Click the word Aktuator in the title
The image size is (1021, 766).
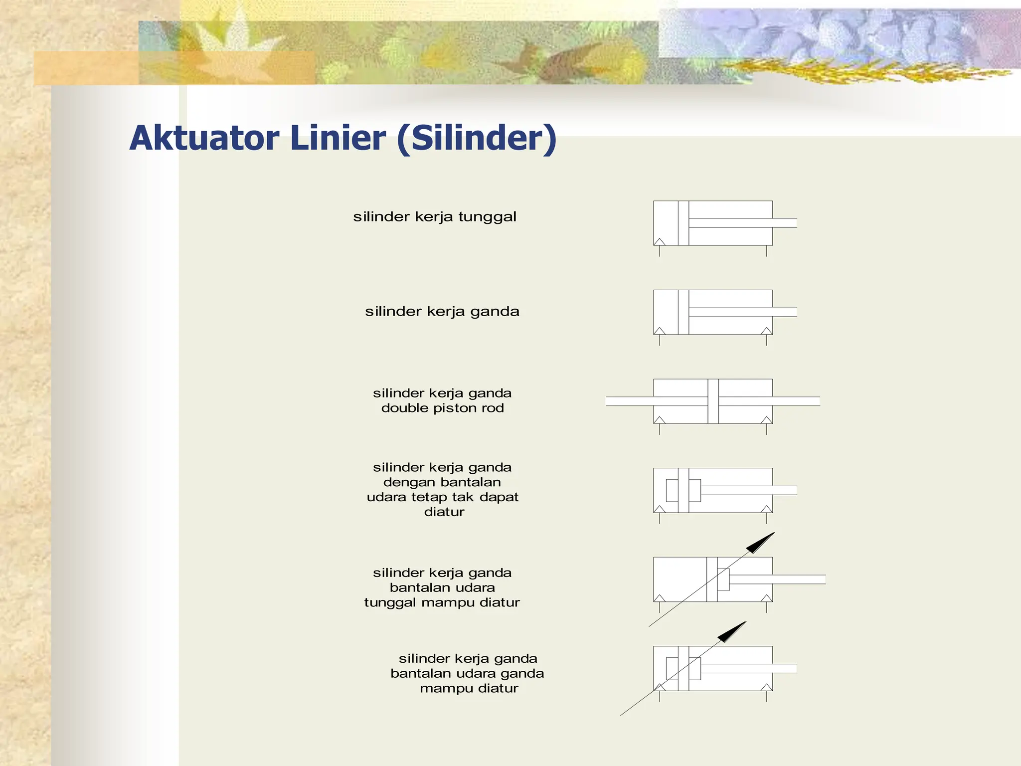click(x=204, y=138)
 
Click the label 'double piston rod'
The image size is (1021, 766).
click(x=442, y=408)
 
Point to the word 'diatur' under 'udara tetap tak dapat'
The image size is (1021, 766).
click(x=444, y=512)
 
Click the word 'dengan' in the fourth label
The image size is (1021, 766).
click(x=403, y=482)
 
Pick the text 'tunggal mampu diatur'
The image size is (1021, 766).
click(x=442, y=602)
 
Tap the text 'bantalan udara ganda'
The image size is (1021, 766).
click(x=467, y=673)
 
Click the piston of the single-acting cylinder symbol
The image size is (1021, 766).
click(x=683, y=223)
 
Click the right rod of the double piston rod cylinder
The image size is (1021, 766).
click(x=796, y=401)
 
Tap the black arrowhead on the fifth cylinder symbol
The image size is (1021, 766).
click(x=761, y=543)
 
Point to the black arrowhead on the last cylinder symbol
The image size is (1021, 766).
click(x=732, y=632)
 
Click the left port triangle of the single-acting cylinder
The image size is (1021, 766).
click(x=660, y=242)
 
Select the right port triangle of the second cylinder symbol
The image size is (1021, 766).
click(x=767, y=331)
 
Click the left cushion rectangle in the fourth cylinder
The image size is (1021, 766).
click(x=672, y=490)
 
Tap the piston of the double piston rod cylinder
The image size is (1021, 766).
click(x=713, y=401)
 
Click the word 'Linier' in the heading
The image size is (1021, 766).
click(x=338, y=138)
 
